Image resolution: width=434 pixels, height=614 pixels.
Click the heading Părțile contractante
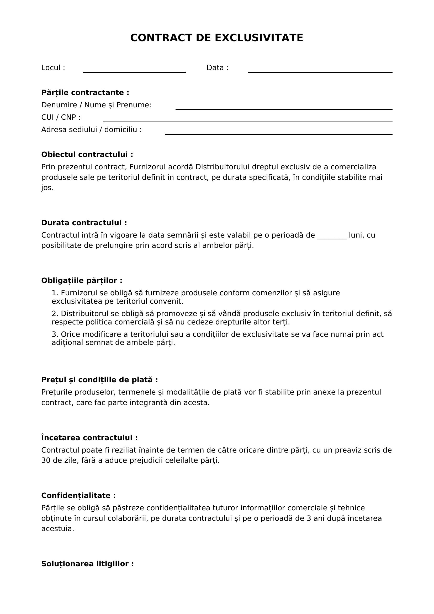[x=85, y=92]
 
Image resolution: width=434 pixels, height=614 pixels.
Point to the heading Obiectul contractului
[x=87, y=155]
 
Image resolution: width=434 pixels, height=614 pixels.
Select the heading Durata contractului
[x=84, y=223]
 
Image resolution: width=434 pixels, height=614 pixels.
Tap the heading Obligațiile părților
[x=82, y=281]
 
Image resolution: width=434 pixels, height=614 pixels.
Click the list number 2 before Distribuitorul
[x=55, y=314]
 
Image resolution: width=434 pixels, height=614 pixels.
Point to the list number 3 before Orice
[x=55, y=334]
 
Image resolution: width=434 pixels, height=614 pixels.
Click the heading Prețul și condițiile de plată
[x=99, y=380]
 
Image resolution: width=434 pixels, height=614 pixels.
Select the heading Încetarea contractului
[x=89, y=438]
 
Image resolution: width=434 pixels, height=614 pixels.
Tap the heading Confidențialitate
[x=78, y=496]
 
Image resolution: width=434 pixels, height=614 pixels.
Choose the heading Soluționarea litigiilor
[x=87, y=564]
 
